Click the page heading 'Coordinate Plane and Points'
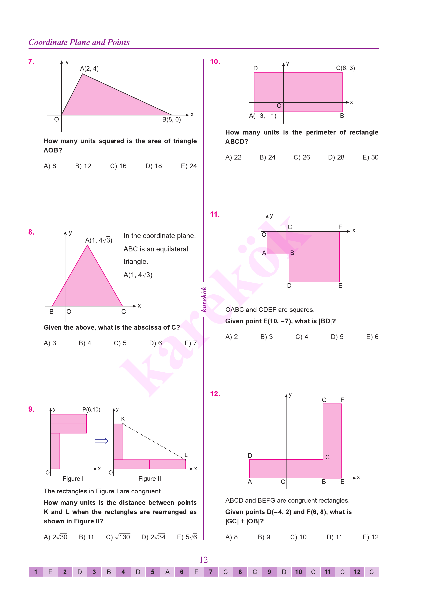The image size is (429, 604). click(79, 42)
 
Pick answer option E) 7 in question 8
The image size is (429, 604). click(191, 343)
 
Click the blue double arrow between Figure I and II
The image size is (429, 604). click(102, 441)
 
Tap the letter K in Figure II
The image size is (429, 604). click(123, 419)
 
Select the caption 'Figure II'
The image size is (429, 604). click(150, 479)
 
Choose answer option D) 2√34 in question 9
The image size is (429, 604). click(153, 537)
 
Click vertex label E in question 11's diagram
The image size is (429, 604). click(340, 286)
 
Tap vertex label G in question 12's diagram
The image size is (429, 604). click(324, 400)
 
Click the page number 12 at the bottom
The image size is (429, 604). click(203, 560)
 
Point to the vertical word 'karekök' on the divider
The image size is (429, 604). click(204, 299)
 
